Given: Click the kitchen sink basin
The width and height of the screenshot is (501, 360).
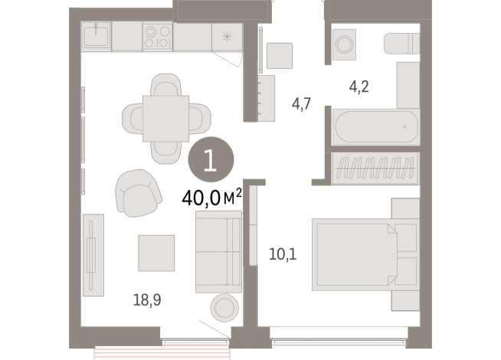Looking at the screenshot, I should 97,36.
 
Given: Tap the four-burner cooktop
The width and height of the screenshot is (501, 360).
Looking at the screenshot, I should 157,37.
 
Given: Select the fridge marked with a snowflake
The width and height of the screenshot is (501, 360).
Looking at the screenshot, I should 227,37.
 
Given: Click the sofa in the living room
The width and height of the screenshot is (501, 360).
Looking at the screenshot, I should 218,252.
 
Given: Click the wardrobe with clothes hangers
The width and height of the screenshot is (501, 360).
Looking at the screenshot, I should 376,167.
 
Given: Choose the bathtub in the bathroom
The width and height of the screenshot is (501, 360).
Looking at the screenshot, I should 375,126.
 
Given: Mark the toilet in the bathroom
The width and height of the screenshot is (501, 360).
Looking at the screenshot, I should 401,45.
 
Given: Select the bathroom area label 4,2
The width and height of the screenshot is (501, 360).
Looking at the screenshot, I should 359,87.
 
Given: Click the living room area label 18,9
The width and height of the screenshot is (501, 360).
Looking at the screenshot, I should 146,300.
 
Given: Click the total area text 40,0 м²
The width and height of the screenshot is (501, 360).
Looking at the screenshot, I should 211,198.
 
